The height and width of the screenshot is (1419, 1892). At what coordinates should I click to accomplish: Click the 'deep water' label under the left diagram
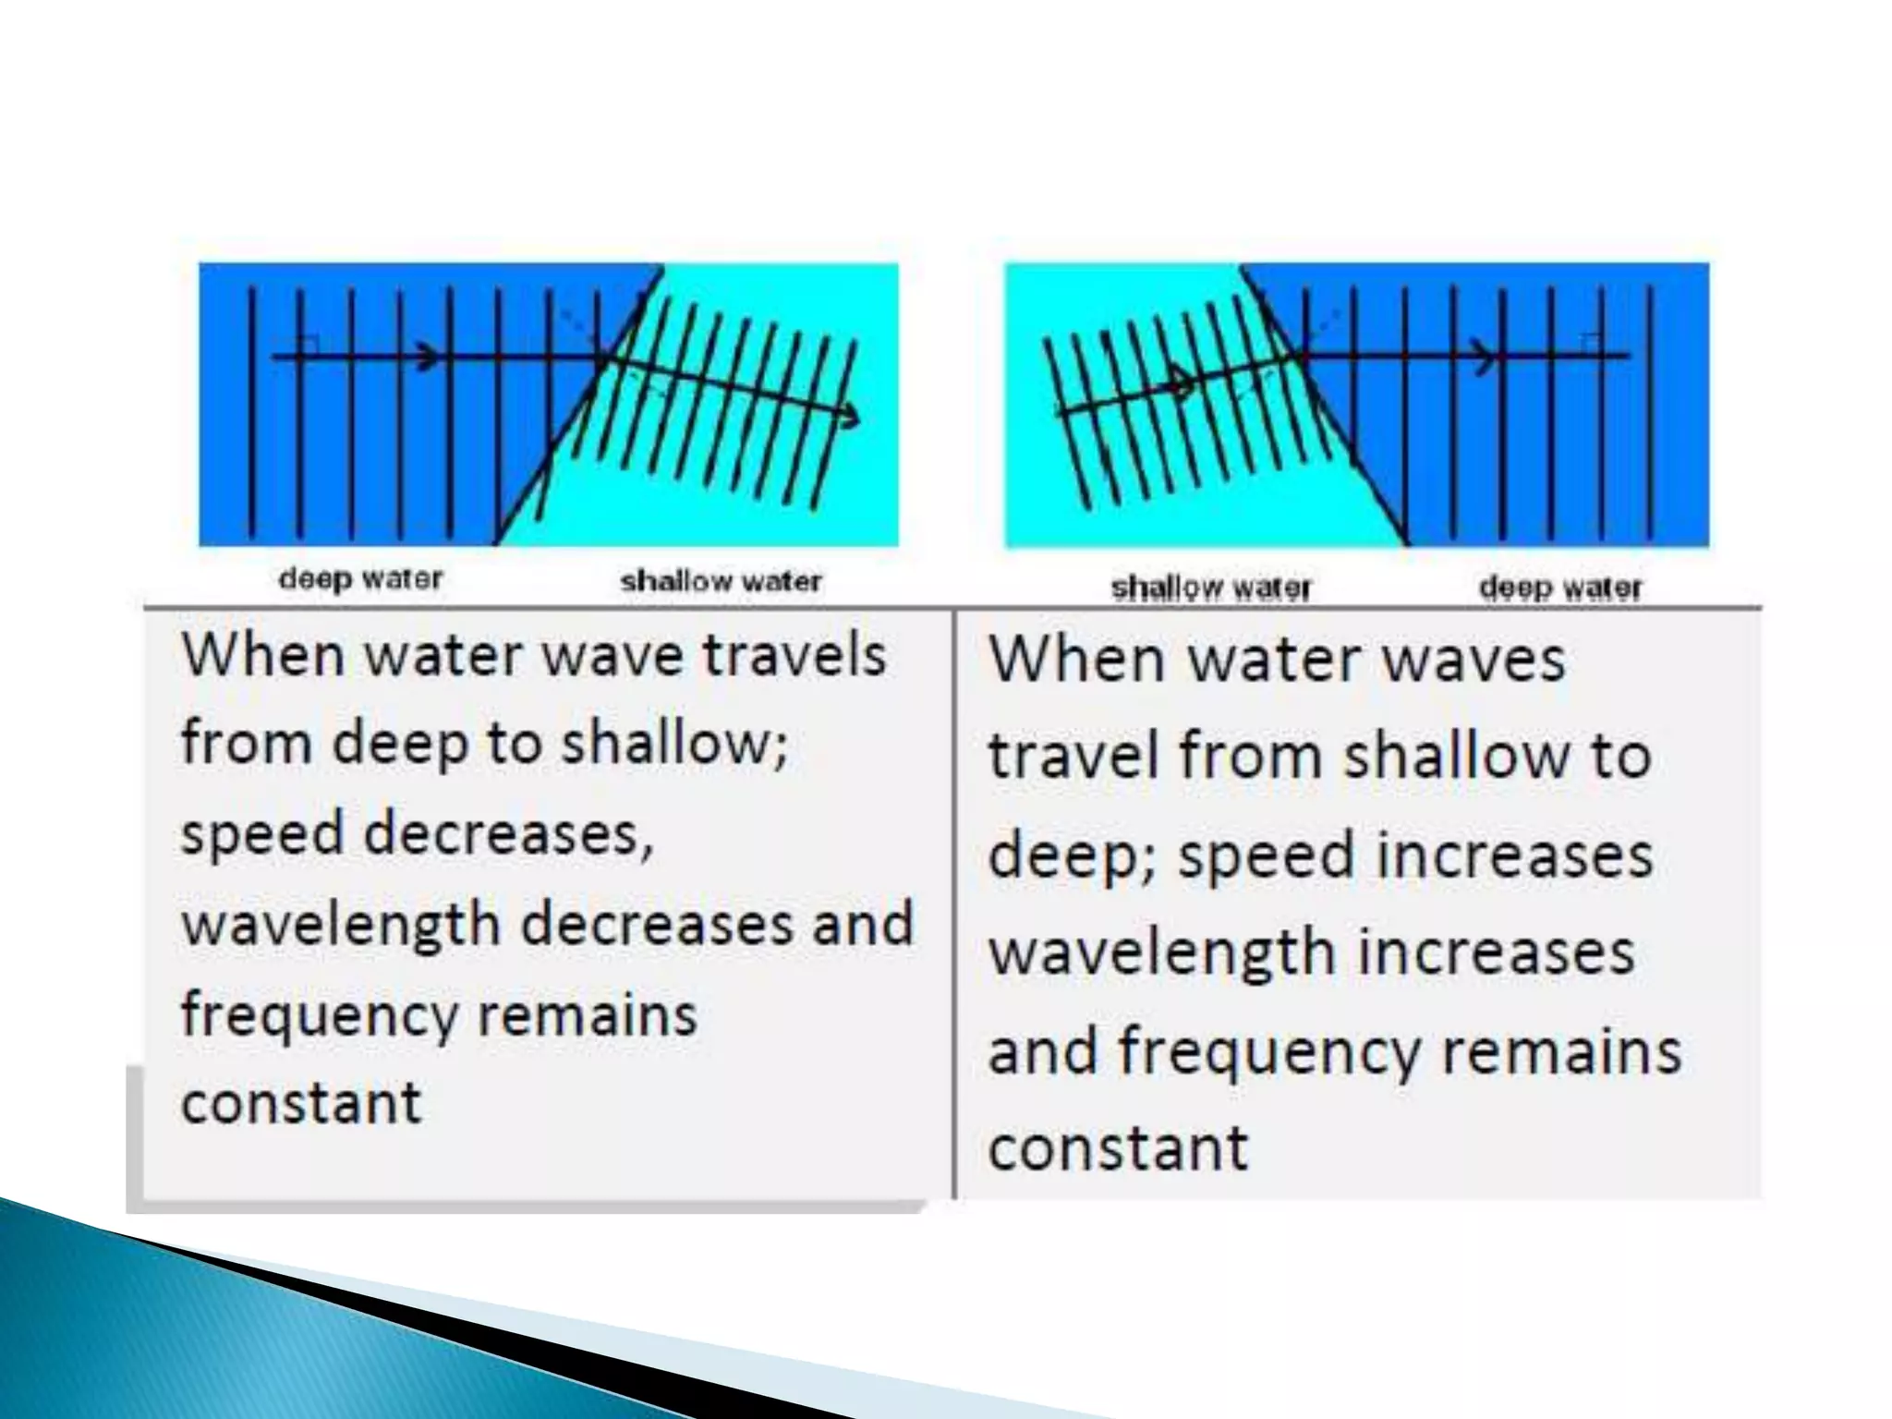360,579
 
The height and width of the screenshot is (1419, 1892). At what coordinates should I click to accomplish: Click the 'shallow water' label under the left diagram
721,581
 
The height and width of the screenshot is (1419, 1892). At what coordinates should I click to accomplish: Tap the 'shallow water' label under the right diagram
1210,588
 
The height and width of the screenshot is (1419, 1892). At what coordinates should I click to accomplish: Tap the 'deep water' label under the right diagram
1560,588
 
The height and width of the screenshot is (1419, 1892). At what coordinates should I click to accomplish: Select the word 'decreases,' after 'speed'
508,833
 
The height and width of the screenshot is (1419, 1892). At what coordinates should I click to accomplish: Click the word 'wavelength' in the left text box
340,924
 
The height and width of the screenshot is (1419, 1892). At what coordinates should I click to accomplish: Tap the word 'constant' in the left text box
301,1102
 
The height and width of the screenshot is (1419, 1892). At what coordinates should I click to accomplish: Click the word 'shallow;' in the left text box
675,744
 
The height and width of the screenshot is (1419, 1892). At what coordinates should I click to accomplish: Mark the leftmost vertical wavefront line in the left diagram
252,411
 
